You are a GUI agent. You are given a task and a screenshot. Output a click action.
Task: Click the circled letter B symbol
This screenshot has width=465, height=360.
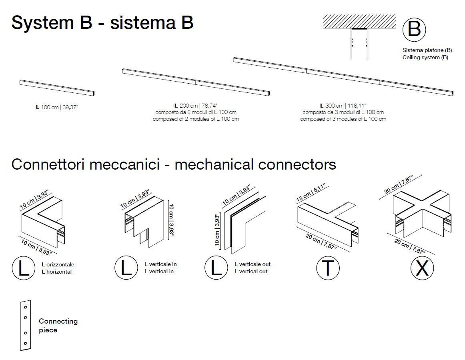414,30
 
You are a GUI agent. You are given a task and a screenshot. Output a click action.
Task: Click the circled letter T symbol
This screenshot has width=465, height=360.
328,268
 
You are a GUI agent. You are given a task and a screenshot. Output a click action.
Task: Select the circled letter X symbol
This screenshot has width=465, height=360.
422,268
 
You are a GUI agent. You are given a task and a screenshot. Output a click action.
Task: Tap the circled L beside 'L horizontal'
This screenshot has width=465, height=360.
24,268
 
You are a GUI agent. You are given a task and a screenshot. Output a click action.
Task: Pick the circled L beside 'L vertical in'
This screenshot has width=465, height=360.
126,268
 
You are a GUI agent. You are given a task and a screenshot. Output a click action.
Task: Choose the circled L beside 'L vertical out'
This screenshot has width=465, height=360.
216,268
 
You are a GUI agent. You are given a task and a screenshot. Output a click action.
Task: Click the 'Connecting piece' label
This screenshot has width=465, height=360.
58,326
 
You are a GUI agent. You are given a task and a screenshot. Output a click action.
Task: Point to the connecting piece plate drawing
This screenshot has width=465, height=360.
26,325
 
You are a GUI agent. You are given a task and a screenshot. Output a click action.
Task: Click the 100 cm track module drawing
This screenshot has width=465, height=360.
57,88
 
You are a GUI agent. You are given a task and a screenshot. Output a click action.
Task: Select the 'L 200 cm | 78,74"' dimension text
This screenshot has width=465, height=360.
196,106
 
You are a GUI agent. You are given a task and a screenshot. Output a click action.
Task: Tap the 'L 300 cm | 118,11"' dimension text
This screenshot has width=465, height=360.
343,106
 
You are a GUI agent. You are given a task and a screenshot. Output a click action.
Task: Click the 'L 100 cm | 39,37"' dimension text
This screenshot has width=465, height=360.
57,107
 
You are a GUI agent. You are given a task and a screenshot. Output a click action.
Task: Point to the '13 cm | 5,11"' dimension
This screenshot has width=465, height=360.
311,193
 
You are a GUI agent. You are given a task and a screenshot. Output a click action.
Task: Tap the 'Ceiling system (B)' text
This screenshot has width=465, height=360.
425,58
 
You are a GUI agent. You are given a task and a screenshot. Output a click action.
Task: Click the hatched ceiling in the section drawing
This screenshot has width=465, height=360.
359,22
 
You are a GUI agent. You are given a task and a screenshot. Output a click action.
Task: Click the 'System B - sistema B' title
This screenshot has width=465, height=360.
102,22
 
